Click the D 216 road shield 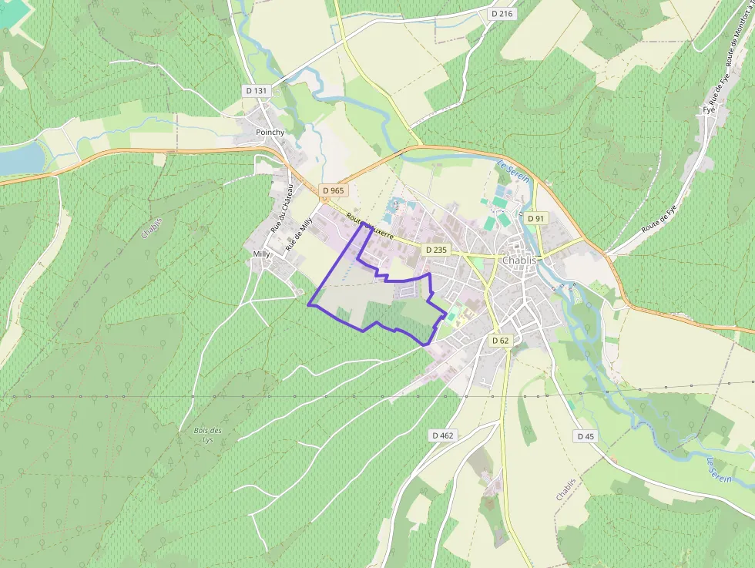pyautogui.click(x=502, y=14)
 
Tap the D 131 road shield pyautogui.click(x=257, y=90)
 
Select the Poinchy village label pyautogui.click(x=270, y=132)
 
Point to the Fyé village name pyautogui.click(x=709, y=109)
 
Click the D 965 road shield pyautogui.click(x=334, y=190)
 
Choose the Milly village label pyautogui.click(x=261, y=253)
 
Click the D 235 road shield pyautogui.click(x=435, y=250)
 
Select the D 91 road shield pyautogui.click(x=536, y=219)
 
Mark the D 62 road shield pyautogui.click(x=500, y=341)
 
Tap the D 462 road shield pyautogui.click(x=442, y=435)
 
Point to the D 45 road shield pyautogui.click(x=586, y=436)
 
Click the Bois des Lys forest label pyautogui.click(x=208, y=435)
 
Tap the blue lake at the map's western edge pyautogui.click(x=20, y=159)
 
